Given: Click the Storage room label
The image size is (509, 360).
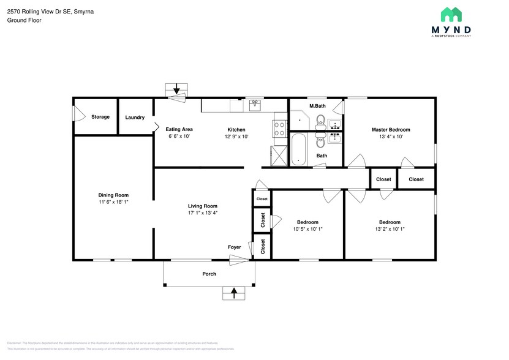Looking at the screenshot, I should click(100, 117).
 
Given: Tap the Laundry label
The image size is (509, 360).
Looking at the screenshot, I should click(135, 117).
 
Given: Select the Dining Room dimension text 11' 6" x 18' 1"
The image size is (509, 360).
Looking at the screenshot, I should click(114, 201).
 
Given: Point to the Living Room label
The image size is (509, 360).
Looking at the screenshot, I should click(203, 206).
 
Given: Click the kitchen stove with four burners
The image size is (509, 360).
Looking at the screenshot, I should click(279, 129).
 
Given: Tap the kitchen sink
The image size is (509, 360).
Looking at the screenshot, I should click(255, 106).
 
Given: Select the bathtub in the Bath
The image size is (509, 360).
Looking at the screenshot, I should click(298, 149).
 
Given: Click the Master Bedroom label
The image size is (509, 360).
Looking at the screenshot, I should click(391, 130).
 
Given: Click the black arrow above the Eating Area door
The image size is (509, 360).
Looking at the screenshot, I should click(178, 89).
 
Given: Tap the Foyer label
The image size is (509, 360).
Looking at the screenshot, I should click(235, 247).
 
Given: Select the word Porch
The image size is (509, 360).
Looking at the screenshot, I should click(209, 274).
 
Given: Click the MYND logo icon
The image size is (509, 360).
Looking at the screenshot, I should click(451, 15).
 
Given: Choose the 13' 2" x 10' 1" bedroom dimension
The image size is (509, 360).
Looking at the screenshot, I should click(390, 229).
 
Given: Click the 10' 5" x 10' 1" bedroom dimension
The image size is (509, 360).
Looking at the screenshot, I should click(307, 229).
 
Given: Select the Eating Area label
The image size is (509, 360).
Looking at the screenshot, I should click(179, 129).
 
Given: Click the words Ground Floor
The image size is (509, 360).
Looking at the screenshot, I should click(24, 20).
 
